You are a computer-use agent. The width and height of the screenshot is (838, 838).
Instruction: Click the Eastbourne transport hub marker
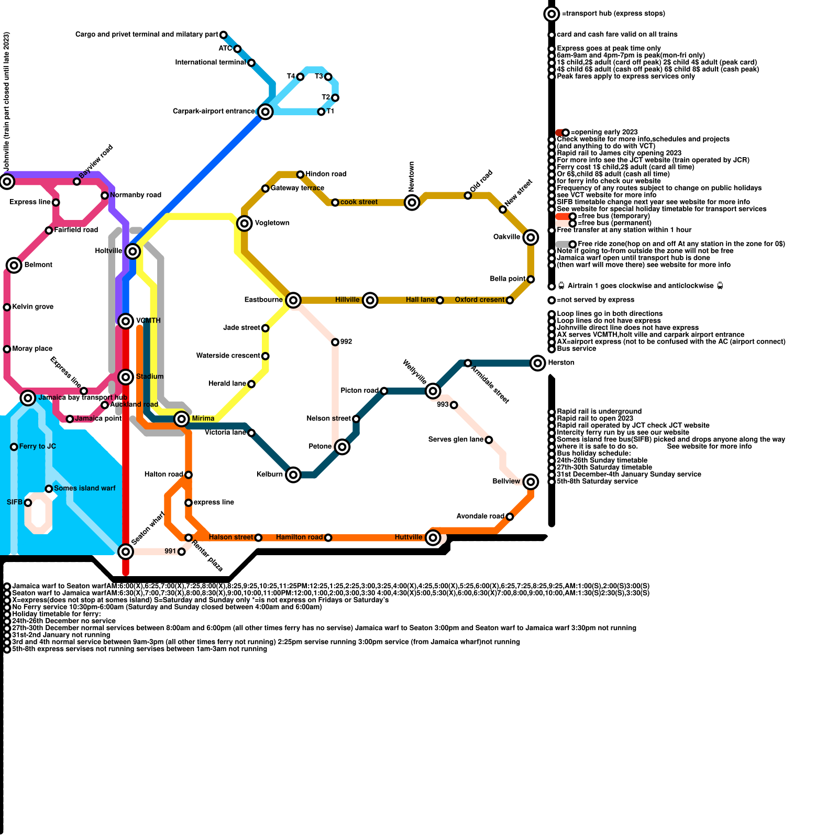point(293,300)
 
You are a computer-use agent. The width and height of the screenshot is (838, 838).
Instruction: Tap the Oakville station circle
point(531,237)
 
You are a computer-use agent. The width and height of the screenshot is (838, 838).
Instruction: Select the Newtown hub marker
point(412,202)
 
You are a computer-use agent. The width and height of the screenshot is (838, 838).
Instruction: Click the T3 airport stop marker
point(328,77)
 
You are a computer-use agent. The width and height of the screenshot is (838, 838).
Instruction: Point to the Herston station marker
point(538,362)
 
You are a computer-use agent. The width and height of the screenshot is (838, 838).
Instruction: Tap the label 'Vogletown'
point(272,223)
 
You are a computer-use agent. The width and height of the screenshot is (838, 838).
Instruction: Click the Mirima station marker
point(182,418)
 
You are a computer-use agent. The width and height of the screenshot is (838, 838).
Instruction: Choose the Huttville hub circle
point(433,537)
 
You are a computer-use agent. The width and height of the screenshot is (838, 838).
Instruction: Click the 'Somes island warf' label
point(84,488)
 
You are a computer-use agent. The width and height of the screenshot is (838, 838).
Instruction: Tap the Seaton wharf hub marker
point(126,551)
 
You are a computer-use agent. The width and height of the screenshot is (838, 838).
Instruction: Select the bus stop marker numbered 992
point(335,342)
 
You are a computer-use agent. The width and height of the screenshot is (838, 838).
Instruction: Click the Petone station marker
point(342,447)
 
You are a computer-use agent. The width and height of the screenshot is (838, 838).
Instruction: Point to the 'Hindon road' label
point(326,174)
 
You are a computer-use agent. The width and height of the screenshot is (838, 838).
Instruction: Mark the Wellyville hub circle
point(433,391)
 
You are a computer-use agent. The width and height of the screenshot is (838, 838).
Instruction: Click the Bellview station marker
point(531,481)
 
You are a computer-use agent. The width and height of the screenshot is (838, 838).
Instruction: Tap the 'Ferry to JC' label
point(37,446)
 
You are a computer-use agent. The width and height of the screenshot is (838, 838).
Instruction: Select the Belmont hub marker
point(14,265)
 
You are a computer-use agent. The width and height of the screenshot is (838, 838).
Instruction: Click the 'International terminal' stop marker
point(251,63)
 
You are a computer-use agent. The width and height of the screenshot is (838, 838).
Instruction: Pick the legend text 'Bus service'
point(576,348)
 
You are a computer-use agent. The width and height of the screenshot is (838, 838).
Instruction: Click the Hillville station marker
point(370,300)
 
